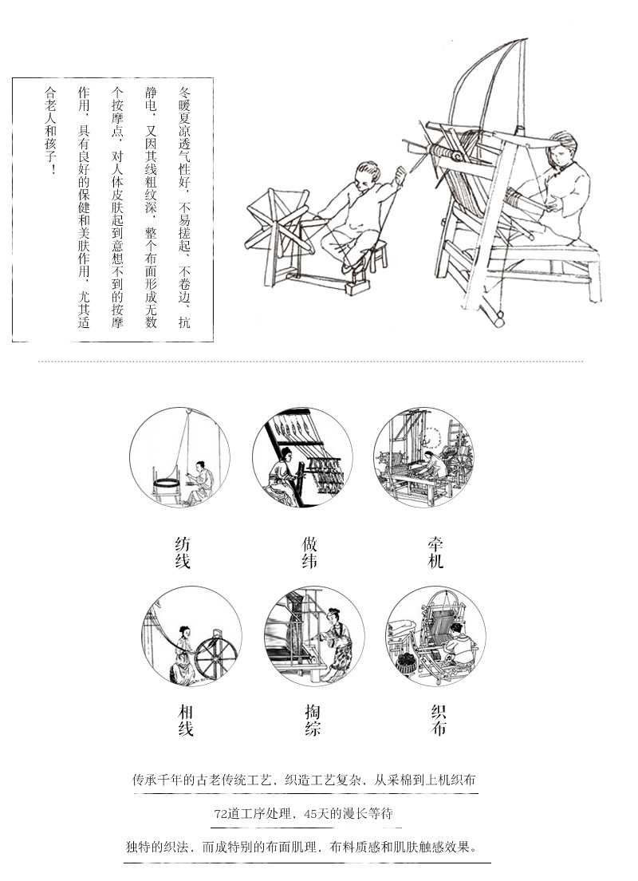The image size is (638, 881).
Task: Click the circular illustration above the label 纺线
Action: pyautogui.click(x=179, y=457)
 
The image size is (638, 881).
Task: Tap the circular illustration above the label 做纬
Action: pyautogui.click(x=302, y=457)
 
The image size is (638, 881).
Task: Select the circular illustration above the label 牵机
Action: pyautogui.click(x=423, y=457)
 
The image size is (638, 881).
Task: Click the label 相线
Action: pyautogui.click(x=185, y=721)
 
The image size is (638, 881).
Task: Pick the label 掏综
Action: pyautogui.click(x=313, y=721)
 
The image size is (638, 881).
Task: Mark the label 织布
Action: pyautogui.click(x=438, y=721)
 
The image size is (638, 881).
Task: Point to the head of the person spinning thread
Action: pyautogui.click(x=367, y=173)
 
